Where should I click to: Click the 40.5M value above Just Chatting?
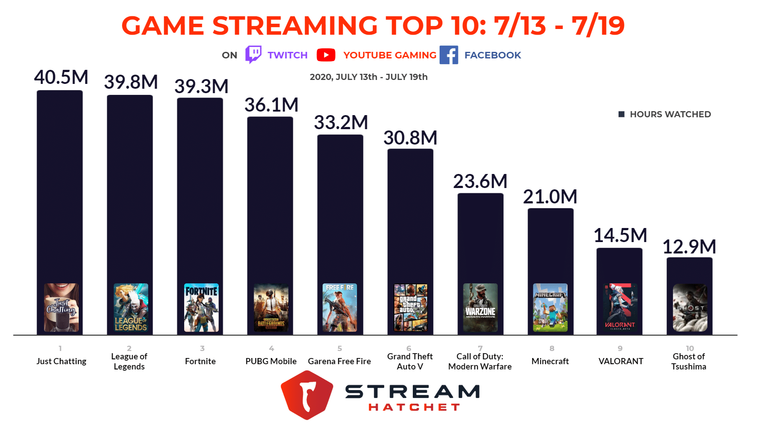pyautogui.click(x=61, y=77)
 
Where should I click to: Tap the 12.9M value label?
pyautogui.click(x=689, y=247)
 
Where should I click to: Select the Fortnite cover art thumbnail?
pyautogui.click(x=201, y=308)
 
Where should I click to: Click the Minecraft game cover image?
pyautogui.click(x=550, y=308)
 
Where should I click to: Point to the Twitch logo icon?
pyautogui.click(x=253, y=55)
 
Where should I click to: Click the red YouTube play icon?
pyautogui.click(x=326, y=55)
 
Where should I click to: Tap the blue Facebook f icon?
pyautogui.click(x=448, y=55)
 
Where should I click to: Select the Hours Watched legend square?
pyautogui.click(x=621, y=114)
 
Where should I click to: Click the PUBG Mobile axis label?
pyautogui.click(x=271, y=361)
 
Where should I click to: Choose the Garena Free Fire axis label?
pyautogui.click(x=339, y=361)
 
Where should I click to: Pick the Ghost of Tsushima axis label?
pyautogui.click(x=688, y=361)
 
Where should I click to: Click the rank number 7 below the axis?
pyautogui.click(x=480, y=348)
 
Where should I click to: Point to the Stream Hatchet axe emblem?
pyautogui.click(x=307, y=394)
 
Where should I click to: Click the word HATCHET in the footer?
pyautogui.click(x=414, y=407)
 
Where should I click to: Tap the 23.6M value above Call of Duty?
pyautogui.click(x=480, y=181)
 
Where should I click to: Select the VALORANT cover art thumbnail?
pyautogui.click(x=620, y=308)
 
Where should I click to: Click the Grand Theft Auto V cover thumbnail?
pyautogui.click(x=410, y=308)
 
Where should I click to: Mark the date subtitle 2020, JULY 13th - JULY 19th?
pyautogui.click(x=368, y=77)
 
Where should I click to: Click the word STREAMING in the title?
pyautogui.click(x=295, y=25)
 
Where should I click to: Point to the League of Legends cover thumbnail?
pyautogui.click(x=131, y=308)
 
